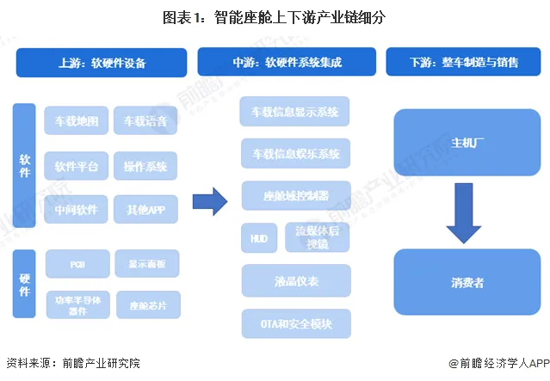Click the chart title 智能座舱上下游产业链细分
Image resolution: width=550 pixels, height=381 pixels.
coord(275,17)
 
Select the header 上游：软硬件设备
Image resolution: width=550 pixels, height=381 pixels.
coord(102,63)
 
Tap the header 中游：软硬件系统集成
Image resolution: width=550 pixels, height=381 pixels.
coord(287,63)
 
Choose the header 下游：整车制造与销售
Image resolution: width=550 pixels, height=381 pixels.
coord(464,63)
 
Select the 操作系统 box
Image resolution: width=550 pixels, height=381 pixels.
coord(145,165)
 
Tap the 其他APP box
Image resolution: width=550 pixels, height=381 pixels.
coord(145,209)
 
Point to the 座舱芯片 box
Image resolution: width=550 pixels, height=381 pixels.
coord(145,304)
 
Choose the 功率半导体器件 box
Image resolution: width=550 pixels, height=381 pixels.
coord(77,304)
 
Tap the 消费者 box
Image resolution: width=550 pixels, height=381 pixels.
coord(463,280)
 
